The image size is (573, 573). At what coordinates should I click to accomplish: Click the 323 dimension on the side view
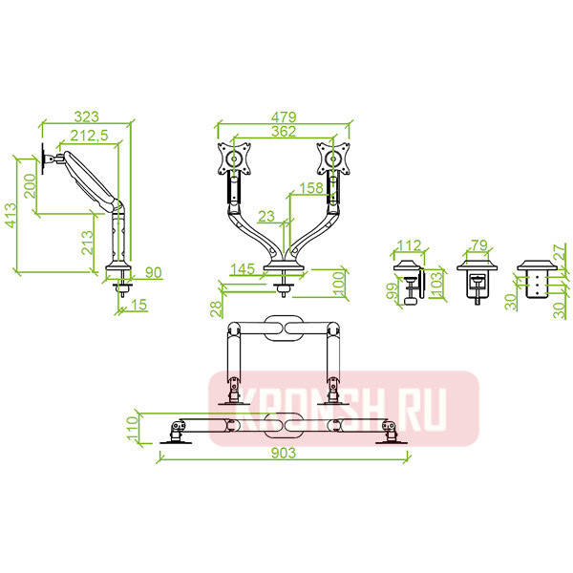coord(86,117)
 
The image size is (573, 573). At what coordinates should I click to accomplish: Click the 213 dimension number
coord(88,245)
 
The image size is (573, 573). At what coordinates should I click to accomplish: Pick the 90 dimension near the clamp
coord(154,273)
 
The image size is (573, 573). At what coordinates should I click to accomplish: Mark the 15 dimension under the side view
coord(140,305)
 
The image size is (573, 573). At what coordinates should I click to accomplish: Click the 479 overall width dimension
coord(283,117)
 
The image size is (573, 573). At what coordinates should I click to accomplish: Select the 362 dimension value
coord(283,131)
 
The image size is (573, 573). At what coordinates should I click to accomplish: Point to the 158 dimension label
coord(311,188)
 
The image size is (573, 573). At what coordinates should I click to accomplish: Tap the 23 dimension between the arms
coord(266,217)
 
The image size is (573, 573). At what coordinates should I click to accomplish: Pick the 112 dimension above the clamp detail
coord(408,244)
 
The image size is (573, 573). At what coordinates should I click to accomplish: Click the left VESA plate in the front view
coord(234,158)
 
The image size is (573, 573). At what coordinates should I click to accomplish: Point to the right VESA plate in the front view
coord(334,158)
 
